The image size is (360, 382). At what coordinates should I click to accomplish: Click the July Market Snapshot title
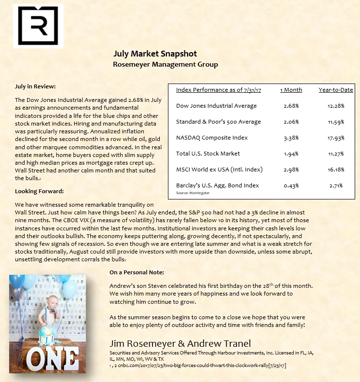155,54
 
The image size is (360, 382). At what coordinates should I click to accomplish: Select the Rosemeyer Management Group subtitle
165,64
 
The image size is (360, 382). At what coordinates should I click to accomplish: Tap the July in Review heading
35,86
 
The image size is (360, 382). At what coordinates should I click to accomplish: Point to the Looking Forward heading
39,191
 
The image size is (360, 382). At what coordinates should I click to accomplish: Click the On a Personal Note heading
137,272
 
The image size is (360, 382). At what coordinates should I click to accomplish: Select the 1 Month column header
291,90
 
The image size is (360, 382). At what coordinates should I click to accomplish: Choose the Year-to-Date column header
336,90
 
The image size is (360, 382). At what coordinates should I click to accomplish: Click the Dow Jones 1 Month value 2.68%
291,106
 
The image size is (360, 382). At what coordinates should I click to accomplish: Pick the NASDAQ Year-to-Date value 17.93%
336,138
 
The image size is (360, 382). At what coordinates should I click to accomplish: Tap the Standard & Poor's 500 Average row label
218,122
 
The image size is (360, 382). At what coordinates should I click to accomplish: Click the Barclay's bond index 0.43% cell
291,185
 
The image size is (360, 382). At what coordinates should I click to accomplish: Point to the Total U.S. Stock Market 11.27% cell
336,154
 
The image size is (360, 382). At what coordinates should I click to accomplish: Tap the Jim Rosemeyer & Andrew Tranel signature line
180,344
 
